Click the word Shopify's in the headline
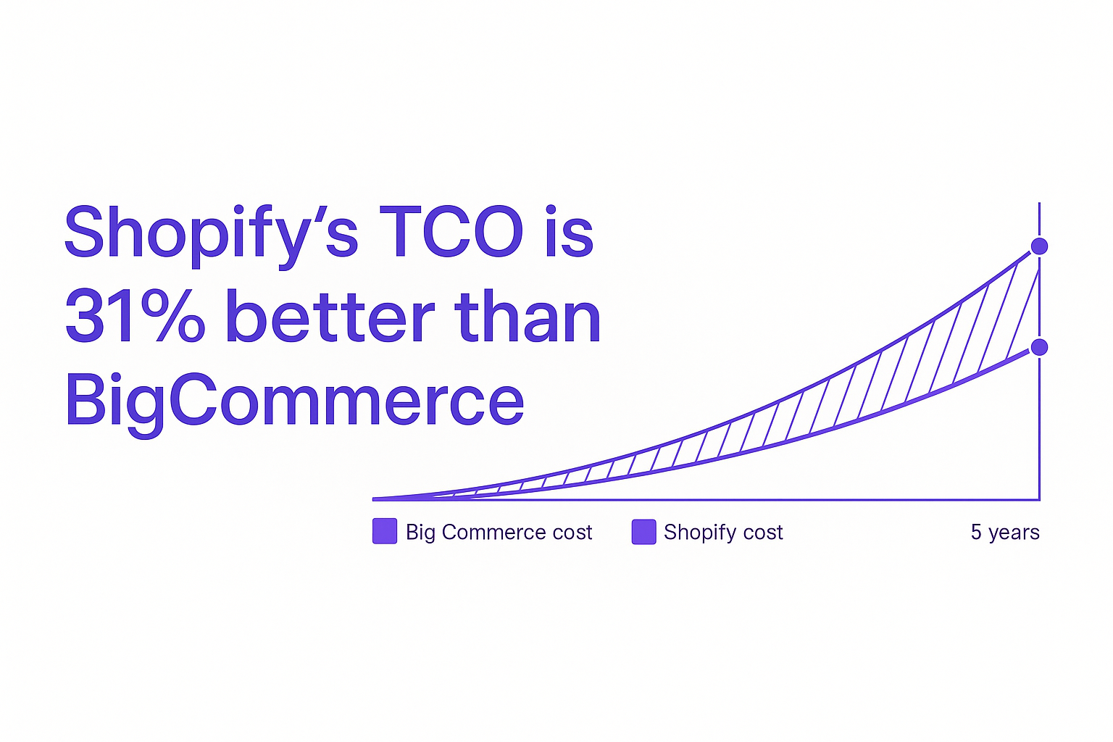coord(211,235)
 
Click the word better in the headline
coord(330,316)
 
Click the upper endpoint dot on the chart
coord(1039,246)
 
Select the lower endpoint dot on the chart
coord(1039,347)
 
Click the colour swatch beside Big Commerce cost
coord(385,531)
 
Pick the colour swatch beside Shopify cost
coord(643,532)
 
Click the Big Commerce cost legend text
coord(499,533)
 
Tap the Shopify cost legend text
coord(723,533)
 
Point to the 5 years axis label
coord(1005,533)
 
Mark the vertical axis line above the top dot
coord(1039,220)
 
